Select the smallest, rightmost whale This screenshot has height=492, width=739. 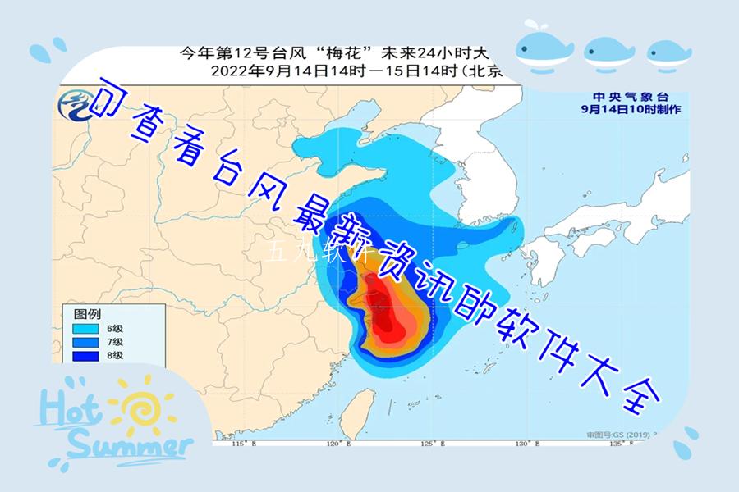tap(668, 54)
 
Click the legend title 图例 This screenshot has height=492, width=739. tap(87, 313)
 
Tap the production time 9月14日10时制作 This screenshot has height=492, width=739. tap(629, 108)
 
